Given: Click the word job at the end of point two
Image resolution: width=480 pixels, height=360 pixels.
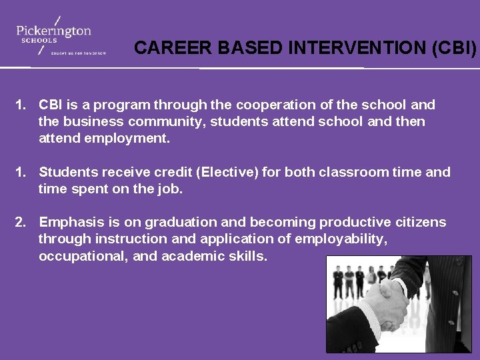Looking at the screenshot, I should [170, 189].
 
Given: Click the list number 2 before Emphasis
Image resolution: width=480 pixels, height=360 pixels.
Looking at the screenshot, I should [20, 222].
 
